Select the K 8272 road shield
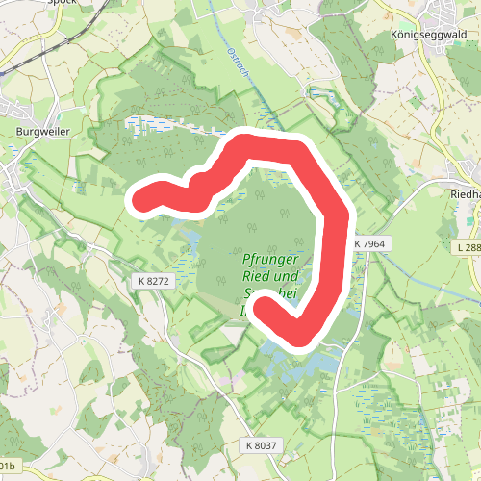pyautogui.click(x=152, y=280)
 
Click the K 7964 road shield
pyautogui.click(x=368, y=244)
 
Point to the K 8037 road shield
pyautogui.click(x=261, y=445)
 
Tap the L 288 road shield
pyautogui.click(x=468, y=248)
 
